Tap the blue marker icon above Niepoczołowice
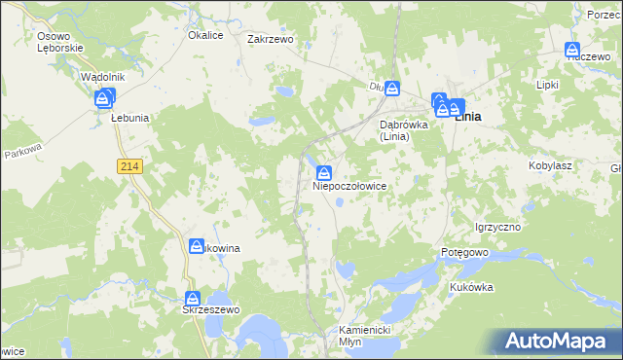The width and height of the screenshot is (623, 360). tap(322, 172)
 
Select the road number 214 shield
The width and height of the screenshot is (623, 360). tap(130, 167)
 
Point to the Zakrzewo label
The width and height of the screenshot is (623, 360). tap(271, 40)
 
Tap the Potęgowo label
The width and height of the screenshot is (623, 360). tap(463, 252)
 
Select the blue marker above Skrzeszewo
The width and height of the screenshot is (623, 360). tap(193, 298)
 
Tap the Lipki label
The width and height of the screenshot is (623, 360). tap(547, 85)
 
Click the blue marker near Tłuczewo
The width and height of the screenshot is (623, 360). tap(571, 50)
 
